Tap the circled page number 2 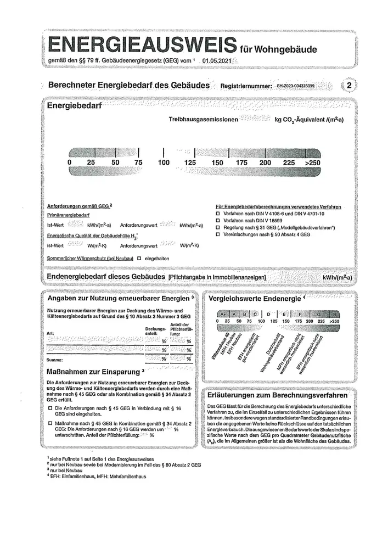tap(349, 86)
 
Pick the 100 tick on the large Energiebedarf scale tap(164, 163)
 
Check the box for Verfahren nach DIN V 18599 tap(218, 220)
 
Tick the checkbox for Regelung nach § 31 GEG tap(218, 227)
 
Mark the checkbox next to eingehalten tap(139, 257)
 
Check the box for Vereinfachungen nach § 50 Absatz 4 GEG tap(218, 234)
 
